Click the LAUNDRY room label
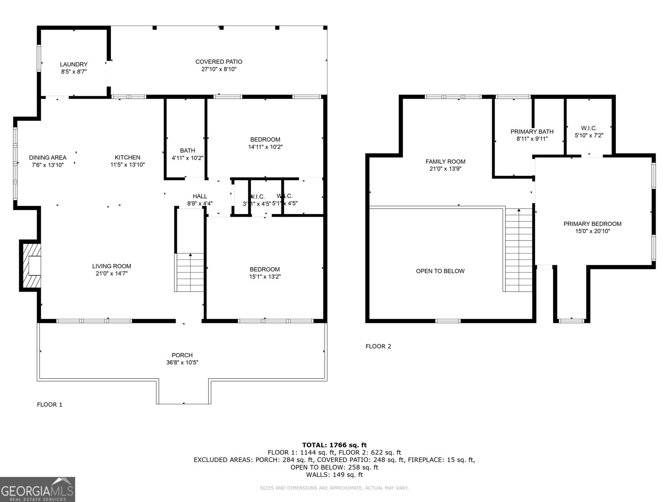point(74,64)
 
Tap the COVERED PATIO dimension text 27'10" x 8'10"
point(219,69)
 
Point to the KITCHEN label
point(128,157)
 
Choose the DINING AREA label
point(48,157)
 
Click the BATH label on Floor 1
point(187,151)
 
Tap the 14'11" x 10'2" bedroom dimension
point(265,147)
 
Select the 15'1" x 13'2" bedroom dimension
point(265,277)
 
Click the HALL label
point(200,196)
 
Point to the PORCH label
point(182,355)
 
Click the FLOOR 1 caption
point(50,405)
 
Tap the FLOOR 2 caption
point(378,346)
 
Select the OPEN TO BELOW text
point(440,271)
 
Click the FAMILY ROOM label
point(445,161)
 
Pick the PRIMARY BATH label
point(532,131)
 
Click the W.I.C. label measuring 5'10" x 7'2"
point(589,128)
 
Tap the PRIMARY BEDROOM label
point(592,224)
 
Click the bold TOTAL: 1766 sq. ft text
point(334,445)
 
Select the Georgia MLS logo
point(38,489)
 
